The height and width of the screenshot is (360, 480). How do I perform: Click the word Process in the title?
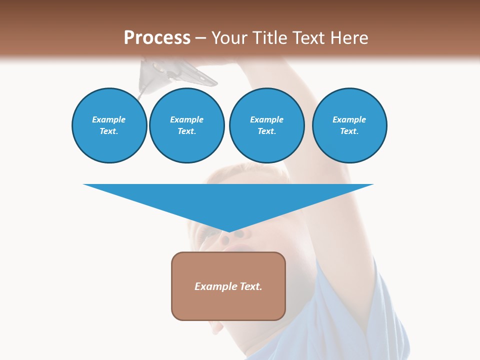(x=157, y=38)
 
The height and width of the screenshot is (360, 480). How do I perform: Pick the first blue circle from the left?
(x=109, y=125)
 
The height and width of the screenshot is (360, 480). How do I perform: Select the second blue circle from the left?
(x=187, y=125)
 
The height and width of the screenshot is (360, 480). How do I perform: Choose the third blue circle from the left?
(x=267, y=125)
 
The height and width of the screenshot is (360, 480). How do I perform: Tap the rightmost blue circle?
(x=349, y=125)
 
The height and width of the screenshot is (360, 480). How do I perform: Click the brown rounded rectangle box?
(x=228, y=305)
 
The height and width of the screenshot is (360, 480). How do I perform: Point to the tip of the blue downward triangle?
(x=228, y=231)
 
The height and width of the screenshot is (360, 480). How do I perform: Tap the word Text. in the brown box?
(x=250, y=286)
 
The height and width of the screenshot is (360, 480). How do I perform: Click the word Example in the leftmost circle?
(x=109, y=119)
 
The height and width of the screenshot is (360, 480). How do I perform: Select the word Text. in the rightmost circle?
(x=349, y=131)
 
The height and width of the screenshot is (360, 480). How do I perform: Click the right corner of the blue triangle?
(x=372, y=185)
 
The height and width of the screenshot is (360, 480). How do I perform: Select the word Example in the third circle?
(x=267, y=119)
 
